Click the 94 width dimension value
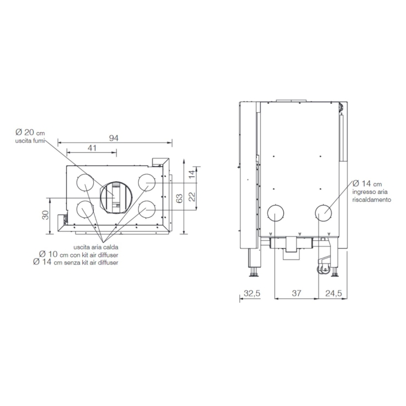click(x=114, y=138)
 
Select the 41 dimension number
click(x=92, y=148)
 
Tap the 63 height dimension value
click(x=179, y=198)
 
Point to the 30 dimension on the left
click(x=45, y=215)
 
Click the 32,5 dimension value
click(x=252, y=293)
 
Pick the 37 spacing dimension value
click(x=297, y=293)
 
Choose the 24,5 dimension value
click(x=334, y=293)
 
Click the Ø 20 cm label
click(x=30, y=133)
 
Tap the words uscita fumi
click(x=30, y=141)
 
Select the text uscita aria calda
click(x=96, y=247)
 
